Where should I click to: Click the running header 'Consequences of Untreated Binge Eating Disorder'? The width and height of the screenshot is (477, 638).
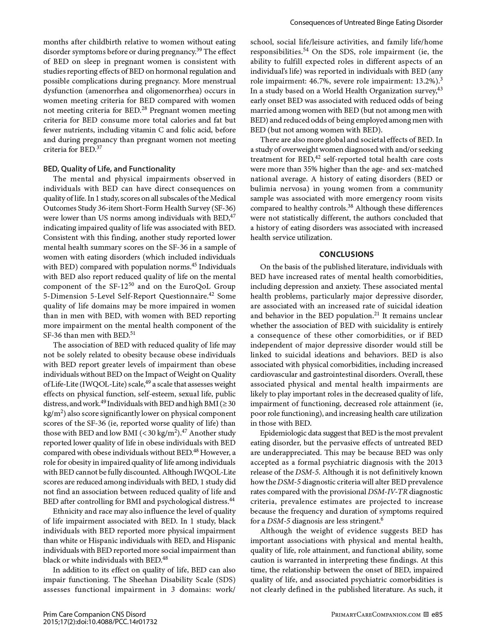[366, 23]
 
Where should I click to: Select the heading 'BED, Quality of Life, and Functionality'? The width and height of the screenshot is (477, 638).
[109, 169]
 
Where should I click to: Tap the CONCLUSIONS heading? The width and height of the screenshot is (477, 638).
[346, 254]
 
